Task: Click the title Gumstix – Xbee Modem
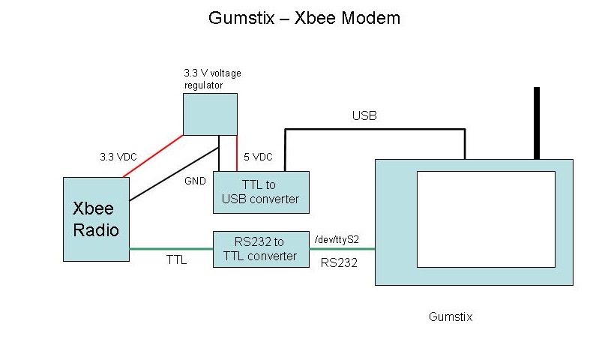coord(304,18)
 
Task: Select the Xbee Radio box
coord(95,219)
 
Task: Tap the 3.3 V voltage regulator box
coord(210,114)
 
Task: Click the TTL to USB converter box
coord(260,192)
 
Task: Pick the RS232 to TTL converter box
coord(260,249)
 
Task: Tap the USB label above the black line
coord(364,116)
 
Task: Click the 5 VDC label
coord(258,157)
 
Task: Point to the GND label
coord(194,181)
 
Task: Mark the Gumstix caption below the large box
coord(451,316)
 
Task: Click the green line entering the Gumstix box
coord(342,249)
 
